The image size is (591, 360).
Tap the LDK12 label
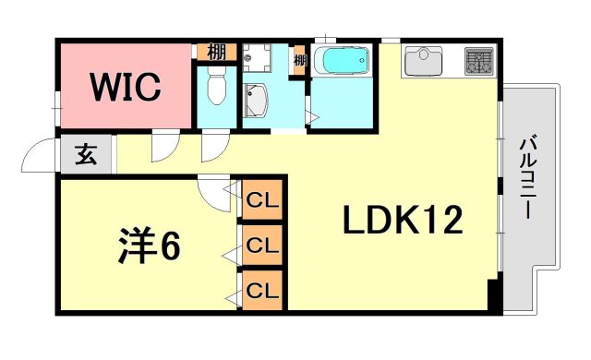pyautogui.click(x=403, y=221)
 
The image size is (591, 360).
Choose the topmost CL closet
pyautogui.click(x=263, y=199)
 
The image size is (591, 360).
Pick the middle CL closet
pyautogui.click(x=263, y=246)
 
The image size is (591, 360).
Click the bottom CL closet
pyautogui.click(x=263, y=291)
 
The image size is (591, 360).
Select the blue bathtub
pyautogui.click(x=341, y=63)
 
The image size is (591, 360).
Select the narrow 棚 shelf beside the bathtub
pyautogui.click(x=300, y=63)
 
